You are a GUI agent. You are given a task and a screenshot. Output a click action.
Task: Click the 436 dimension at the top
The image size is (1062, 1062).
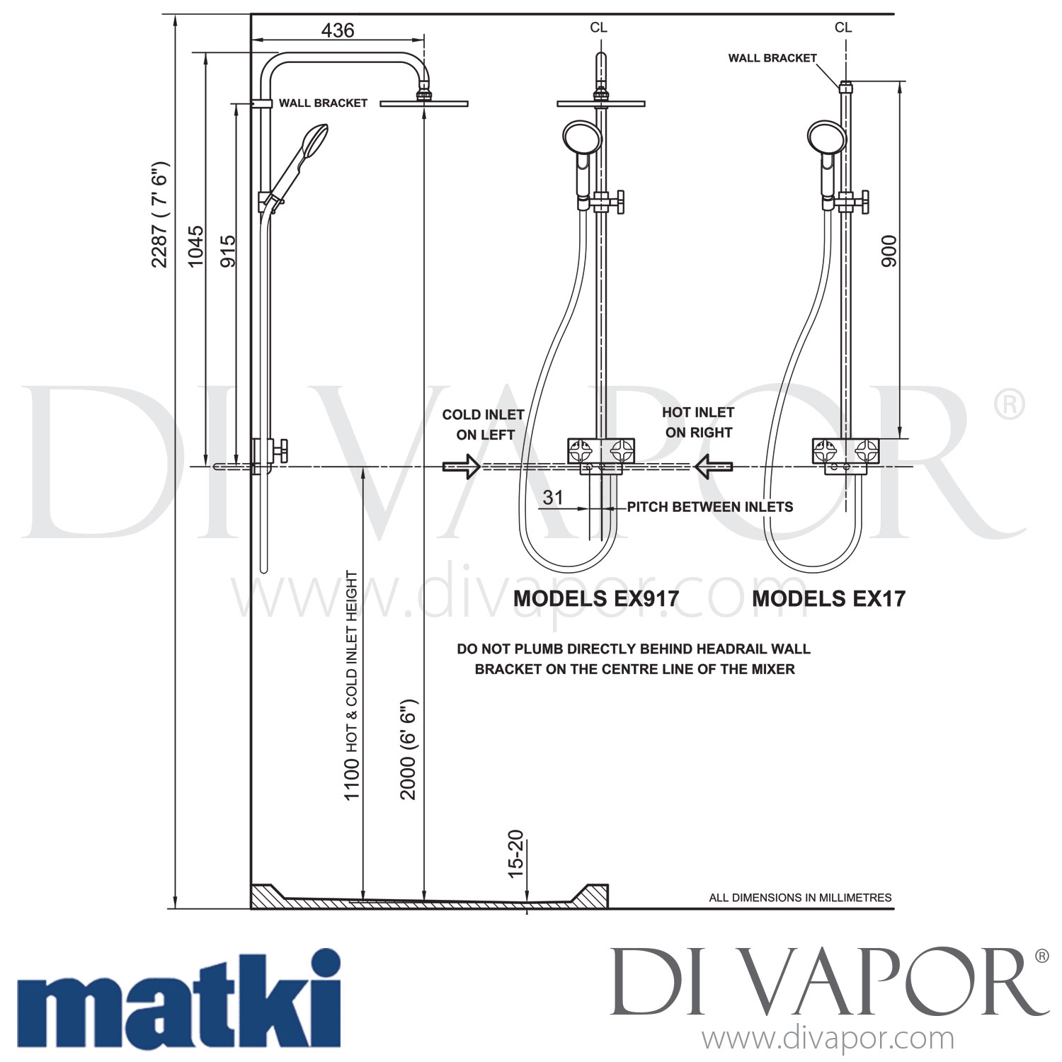point(337,30)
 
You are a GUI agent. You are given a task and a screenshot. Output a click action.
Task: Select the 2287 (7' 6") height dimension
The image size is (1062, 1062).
point(160,216)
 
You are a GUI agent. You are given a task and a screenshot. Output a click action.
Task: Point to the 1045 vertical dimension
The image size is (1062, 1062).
point(195,246)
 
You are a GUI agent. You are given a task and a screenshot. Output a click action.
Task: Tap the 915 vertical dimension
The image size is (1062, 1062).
point(228,251)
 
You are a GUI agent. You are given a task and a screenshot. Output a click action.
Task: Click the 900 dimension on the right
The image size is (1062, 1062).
point(889,251)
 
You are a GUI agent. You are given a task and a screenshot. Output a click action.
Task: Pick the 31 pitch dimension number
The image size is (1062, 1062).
point(552,498)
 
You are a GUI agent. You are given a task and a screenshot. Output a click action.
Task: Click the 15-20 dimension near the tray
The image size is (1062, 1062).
point(516,853)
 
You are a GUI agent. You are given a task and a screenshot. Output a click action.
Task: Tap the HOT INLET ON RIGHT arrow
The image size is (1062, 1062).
point(713,467)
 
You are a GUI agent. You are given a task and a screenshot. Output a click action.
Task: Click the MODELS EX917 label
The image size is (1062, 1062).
point(595,599)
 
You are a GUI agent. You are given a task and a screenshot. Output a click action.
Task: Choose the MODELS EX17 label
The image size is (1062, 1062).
point(828,599)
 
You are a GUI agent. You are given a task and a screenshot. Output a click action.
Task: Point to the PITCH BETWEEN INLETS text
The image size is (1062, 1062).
point(709,507)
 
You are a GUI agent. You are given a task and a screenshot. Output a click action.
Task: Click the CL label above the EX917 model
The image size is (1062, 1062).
point(598,28)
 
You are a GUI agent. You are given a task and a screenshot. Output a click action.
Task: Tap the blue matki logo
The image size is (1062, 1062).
point(178,999)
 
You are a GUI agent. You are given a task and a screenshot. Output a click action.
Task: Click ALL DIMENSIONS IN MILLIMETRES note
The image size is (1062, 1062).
point(800,898)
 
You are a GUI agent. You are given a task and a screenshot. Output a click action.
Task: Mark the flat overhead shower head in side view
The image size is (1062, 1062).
point(423,104)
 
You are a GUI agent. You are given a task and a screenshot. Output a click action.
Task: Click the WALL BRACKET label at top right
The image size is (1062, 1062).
point(772,58)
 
